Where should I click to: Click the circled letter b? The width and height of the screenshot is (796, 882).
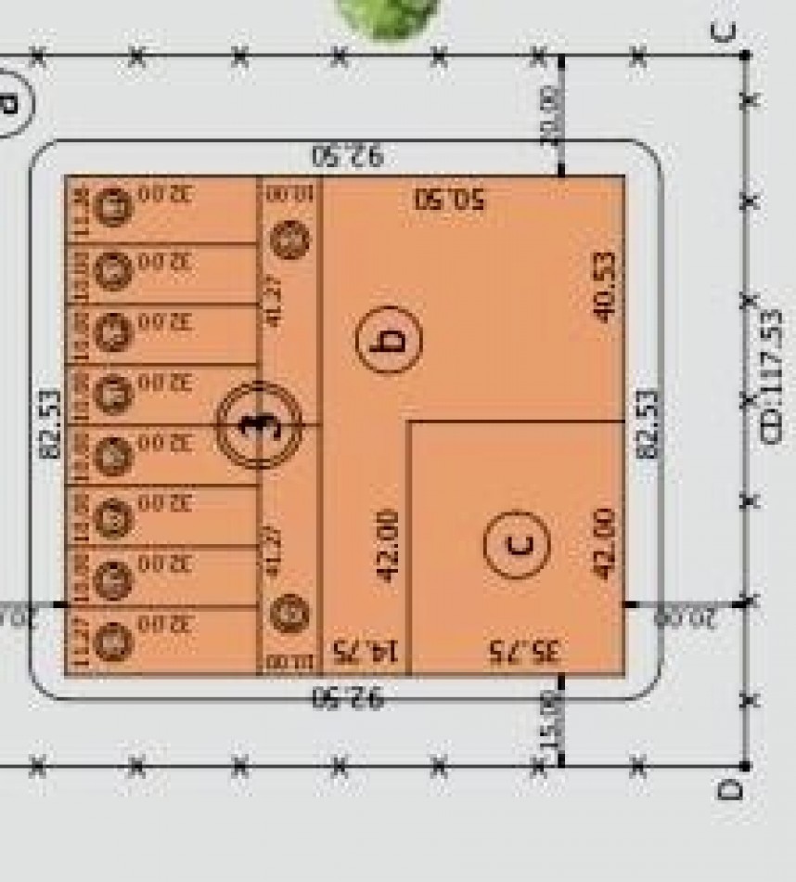(x=390, y=339)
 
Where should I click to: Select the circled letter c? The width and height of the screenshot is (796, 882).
(x=517, y=544)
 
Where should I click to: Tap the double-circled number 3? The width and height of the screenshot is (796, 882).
(x=259, y=424)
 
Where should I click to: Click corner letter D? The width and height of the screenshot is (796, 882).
(x=730, y=790)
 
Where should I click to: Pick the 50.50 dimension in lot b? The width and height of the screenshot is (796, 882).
(x=451, y=199)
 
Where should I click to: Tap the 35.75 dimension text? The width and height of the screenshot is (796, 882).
(x=525, y=651)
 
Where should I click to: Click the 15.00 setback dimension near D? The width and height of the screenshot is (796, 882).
(x=551, y=733)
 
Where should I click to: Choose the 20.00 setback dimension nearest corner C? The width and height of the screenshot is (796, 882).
(x=551, y=113)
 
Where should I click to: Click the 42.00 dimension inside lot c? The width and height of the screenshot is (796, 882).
(x=604, y=543)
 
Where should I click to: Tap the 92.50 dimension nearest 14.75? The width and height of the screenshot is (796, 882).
(x=348, y=696)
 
